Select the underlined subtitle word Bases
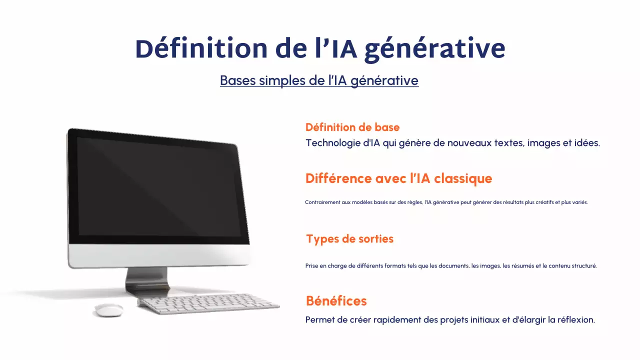pyautogui.click(x=238, y=80)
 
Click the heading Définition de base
pyautogui.click(x=352, y=127)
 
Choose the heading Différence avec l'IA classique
pyautogui.click(x=398, y=178)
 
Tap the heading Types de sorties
pyautogui.click(x=349, y=239)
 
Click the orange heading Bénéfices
pyautogui.click(x=336, y=301)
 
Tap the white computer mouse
pyautogui.click(x=109, y=310)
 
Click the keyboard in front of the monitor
pyautogui.click(x=209, y=303)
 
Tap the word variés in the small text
pyautogui.click(x=579, y=202)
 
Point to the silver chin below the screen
pyautogui.click(x=160, y=255)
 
